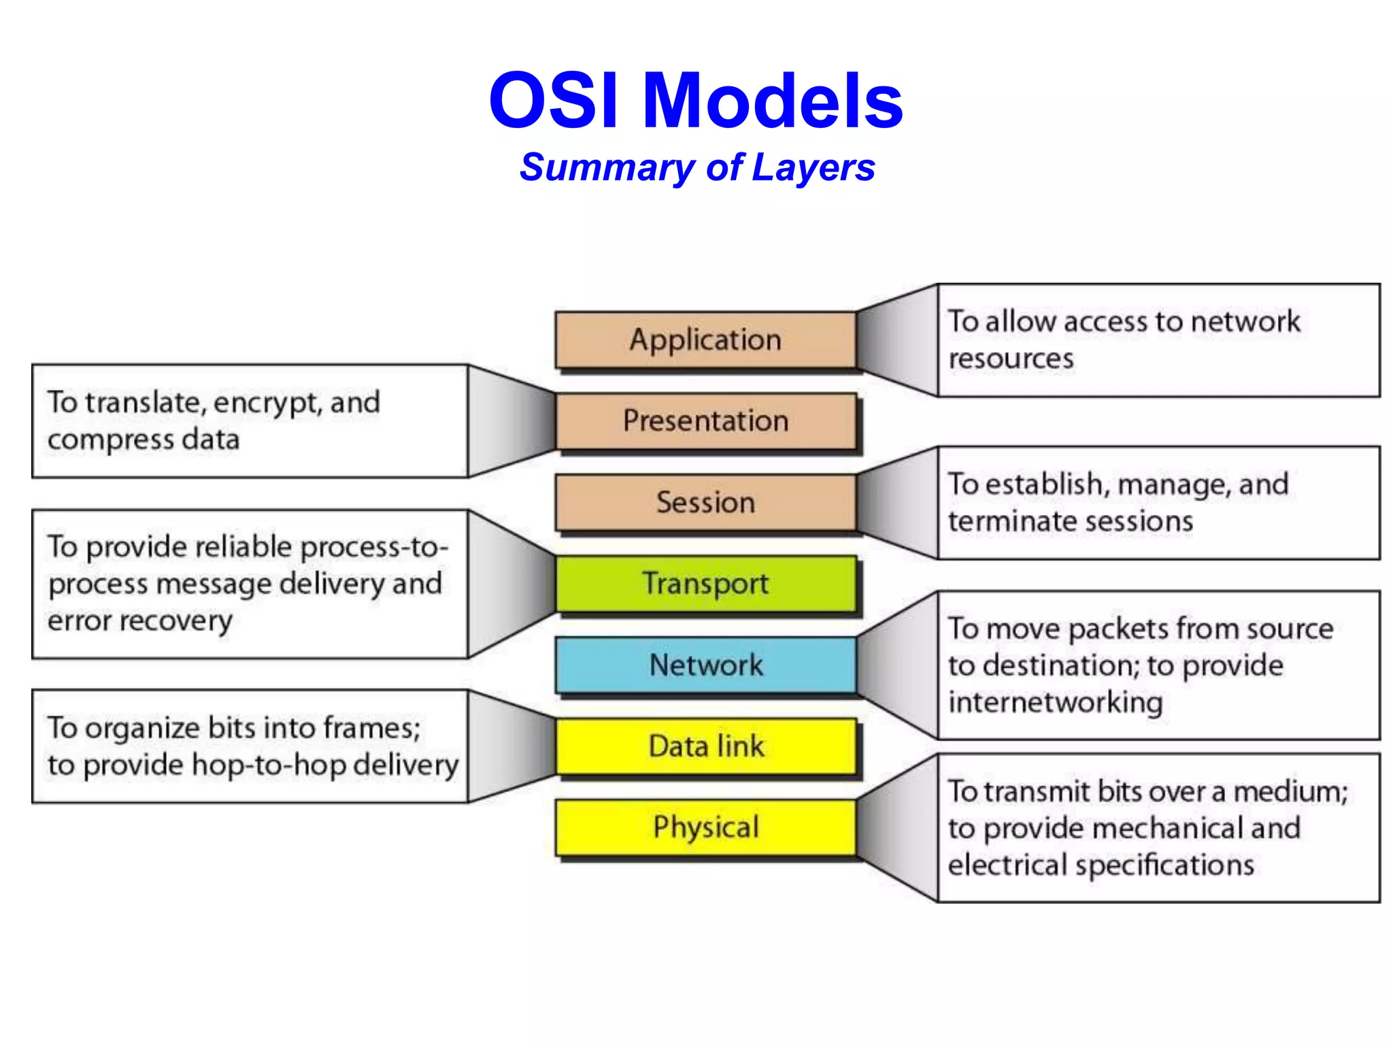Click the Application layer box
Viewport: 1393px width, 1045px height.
click(x=705, y=339)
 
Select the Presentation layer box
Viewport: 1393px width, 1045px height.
click(x=705, y=421)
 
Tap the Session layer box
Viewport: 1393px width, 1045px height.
click(x=705, y=502)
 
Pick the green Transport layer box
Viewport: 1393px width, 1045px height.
click(x=705, y=584)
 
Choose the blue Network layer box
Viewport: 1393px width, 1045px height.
click(x=705, y=665)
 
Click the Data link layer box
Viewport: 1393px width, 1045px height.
click(x=705, y=746)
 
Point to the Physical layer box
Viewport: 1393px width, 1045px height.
click(x=705, y=827)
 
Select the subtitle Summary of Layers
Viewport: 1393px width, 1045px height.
click(x=696, y=167)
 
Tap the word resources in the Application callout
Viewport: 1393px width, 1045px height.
click(x=1011, y=359)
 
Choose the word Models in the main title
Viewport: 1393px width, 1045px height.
click(x=773, y=101)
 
